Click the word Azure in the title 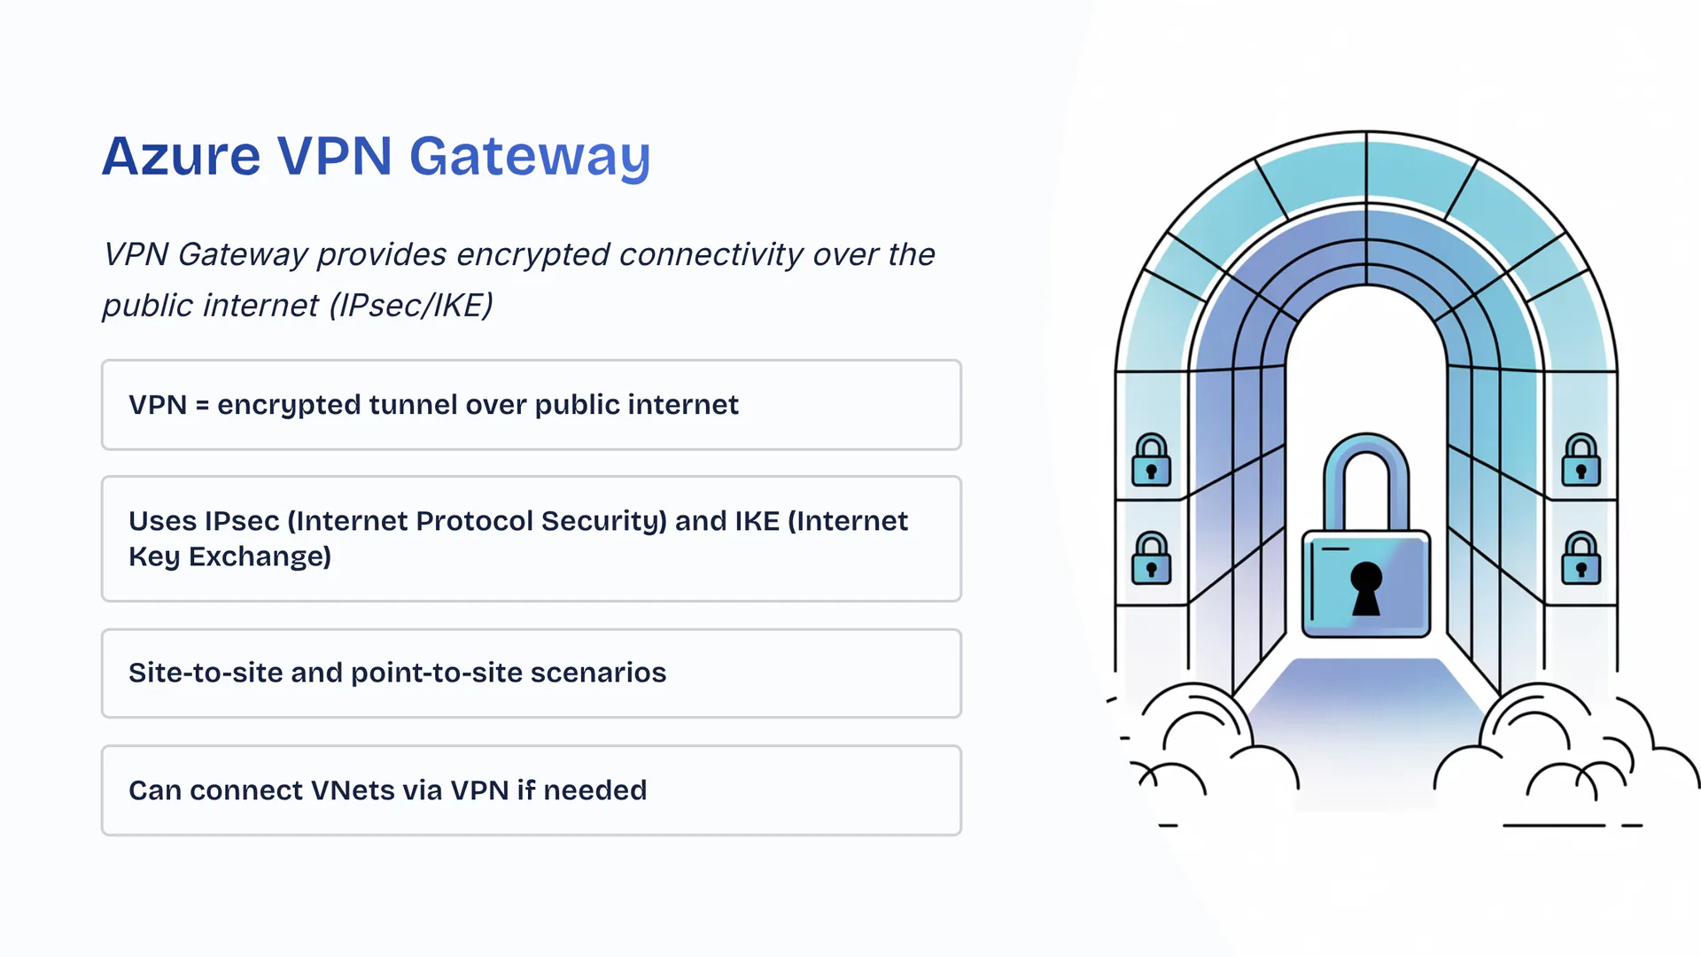tap(182, 157)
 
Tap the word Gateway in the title tap(530, 157)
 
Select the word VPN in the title tap(334, 157)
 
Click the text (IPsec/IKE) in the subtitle tap(411, 306)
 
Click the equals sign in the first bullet tap(202, 406)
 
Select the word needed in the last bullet tap(595, 790)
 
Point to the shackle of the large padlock tap(1366, 470)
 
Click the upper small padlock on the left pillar tap(1152, 461)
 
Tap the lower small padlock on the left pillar tap(1152, 559)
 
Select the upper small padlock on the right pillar tap(1581, 461)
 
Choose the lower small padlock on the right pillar tap(1581, 559)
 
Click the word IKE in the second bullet tap(757, 521)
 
